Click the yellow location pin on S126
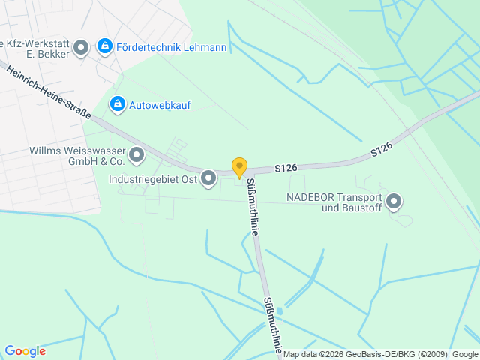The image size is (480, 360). click(239, 168)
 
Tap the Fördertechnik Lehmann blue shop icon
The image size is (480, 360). click(106, 46)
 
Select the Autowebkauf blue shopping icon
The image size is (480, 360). click(117, 104)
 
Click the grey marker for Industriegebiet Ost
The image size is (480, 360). click(208, 178)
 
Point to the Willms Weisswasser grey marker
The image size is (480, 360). click(136, 155)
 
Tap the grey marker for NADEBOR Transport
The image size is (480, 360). click(394, 202)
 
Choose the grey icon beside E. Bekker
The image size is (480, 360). click(81, 49)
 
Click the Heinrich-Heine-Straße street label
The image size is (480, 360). click(49, 93)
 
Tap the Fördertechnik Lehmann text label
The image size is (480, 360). click(172, 47)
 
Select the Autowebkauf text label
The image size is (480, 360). click(160, 105)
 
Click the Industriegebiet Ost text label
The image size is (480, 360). click(152, 179)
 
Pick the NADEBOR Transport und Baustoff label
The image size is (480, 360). click(334, 202)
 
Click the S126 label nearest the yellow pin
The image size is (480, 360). click(285, 169)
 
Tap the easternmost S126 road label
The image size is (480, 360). click(381, 149)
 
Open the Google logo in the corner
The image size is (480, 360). click(25, 351)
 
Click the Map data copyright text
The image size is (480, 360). click(380, 354)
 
